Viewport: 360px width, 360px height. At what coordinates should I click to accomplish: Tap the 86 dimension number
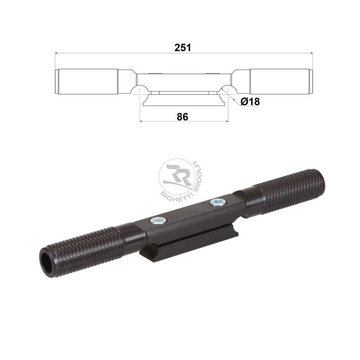(183, 117)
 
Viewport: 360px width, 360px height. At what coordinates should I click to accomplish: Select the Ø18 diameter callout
(250, 102)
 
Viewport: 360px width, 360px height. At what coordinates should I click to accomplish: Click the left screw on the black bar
(157, 220)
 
